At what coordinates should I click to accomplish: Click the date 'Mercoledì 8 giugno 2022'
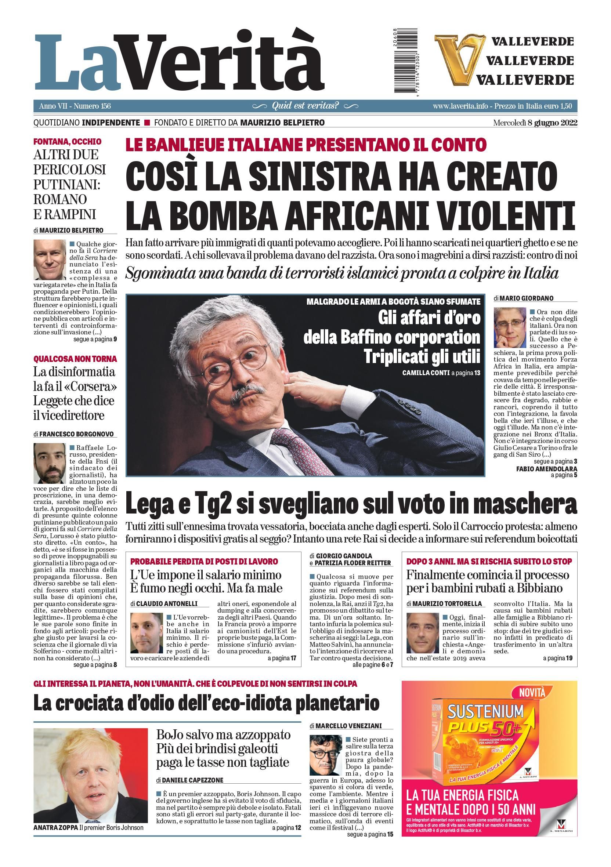click(535, 123)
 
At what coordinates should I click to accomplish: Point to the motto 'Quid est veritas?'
click(305, 106)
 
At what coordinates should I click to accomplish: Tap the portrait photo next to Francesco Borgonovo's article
click(50, 463)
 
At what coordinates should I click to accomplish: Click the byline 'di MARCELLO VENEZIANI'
click(345, 726)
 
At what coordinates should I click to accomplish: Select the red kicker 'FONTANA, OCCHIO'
click(67, 142)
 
